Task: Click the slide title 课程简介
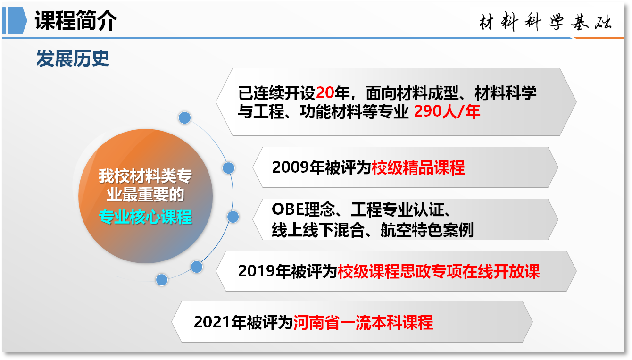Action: coord(75,20)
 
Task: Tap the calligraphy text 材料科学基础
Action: coord(546,21)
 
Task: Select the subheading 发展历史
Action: coord(73,59)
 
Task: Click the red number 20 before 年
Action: coord(325,92)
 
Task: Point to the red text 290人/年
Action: coord(447,111)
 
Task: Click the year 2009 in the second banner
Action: coord(291,167)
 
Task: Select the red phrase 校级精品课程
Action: coord(418,167)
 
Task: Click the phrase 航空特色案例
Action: coord(427,230)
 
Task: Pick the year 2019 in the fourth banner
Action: coord(257,271)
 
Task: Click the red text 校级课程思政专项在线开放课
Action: coord(439,271)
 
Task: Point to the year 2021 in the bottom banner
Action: coord(212,322)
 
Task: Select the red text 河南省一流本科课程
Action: coord(363,322)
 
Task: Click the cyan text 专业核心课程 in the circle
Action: coord(146,217)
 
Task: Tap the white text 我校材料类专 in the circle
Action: coord(145,176)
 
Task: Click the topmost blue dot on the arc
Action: coord(185,118)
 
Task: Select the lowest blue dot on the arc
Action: coord(162,280)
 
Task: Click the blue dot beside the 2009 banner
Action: coord(229,168)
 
